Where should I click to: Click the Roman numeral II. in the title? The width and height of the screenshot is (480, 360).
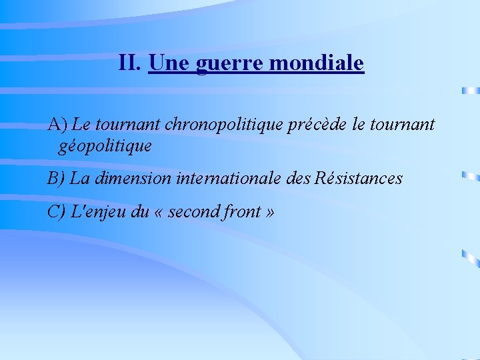pyautogui.click(x=130, y=63)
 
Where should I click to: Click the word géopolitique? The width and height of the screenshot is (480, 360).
pyautogui.click(x=105, y=145)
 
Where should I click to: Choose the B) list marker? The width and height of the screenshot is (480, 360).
pyautogui.click(x=56, y=179)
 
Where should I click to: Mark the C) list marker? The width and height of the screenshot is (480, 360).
pyautogui.click(x=56, y=212)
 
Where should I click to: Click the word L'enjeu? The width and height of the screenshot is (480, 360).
pyautogui.click(x=93, y=212)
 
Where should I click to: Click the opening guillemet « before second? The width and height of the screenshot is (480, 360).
pyautogui.click(x=157, y=213)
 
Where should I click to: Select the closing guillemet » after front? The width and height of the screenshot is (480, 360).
pyautogui.click(x=269, y=213)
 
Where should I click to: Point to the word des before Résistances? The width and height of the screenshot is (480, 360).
pyautogui.click(x=297, y=179)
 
